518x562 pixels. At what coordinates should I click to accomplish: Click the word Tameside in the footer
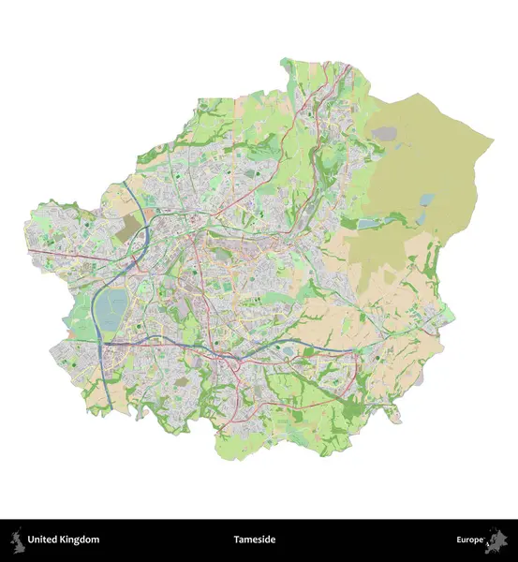point(259,540)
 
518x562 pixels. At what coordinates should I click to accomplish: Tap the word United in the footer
point(44,540)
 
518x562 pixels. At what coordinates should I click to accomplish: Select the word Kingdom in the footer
point(81,540)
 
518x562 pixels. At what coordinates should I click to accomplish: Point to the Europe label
point(470,540)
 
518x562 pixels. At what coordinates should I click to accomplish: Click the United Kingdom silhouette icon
point(16,540)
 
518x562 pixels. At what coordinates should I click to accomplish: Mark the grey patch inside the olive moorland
point(384,134)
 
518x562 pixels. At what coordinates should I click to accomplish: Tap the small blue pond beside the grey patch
point(427,200)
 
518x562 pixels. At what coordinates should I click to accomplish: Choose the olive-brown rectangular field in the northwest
point(128,228)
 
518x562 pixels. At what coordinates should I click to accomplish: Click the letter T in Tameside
point(238,540)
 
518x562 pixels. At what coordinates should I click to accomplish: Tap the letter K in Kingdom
point(66,540)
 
